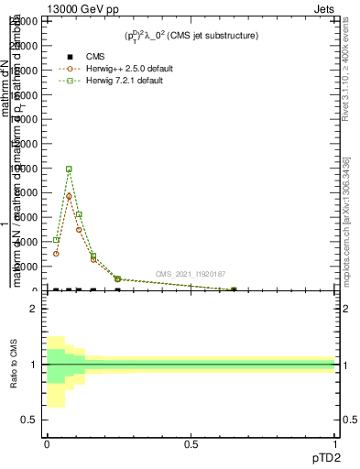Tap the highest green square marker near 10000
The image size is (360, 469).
pos(69,169)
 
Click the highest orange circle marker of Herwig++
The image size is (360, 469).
pos(69,196)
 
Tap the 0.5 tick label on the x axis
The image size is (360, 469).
pos(191,444)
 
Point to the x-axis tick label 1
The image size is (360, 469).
pos(335,444)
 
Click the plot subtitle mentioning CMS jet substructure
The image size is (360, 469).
pos(191,36)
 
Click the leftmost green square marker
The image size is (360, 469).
pos(56,240)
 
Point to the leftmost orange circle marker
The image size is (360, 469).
pos(56,254)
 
